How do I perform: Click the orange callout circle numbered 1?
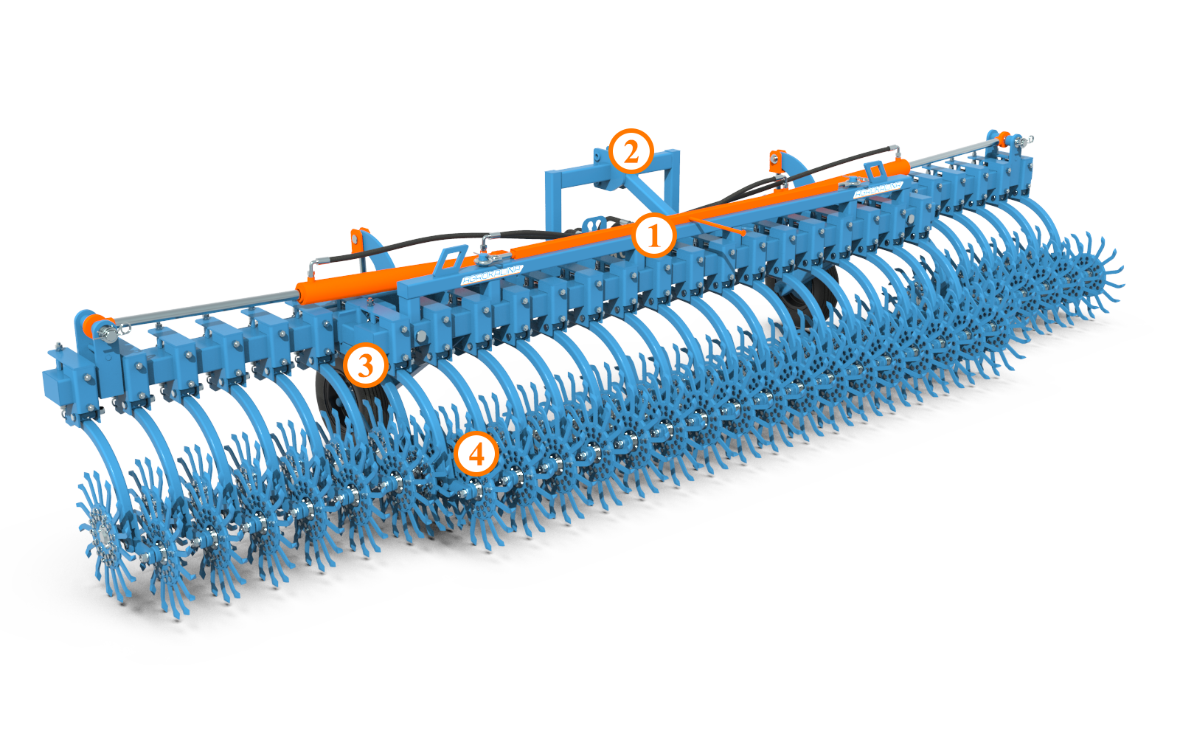[653, 236]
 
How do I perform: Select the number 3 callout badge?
[365, 364]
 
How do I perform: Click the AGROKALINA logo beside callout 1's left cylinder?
[491, 274]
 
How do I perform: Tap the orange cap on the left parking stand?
[359, 238]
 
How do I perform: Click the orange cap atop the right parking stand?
[775, 156]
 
